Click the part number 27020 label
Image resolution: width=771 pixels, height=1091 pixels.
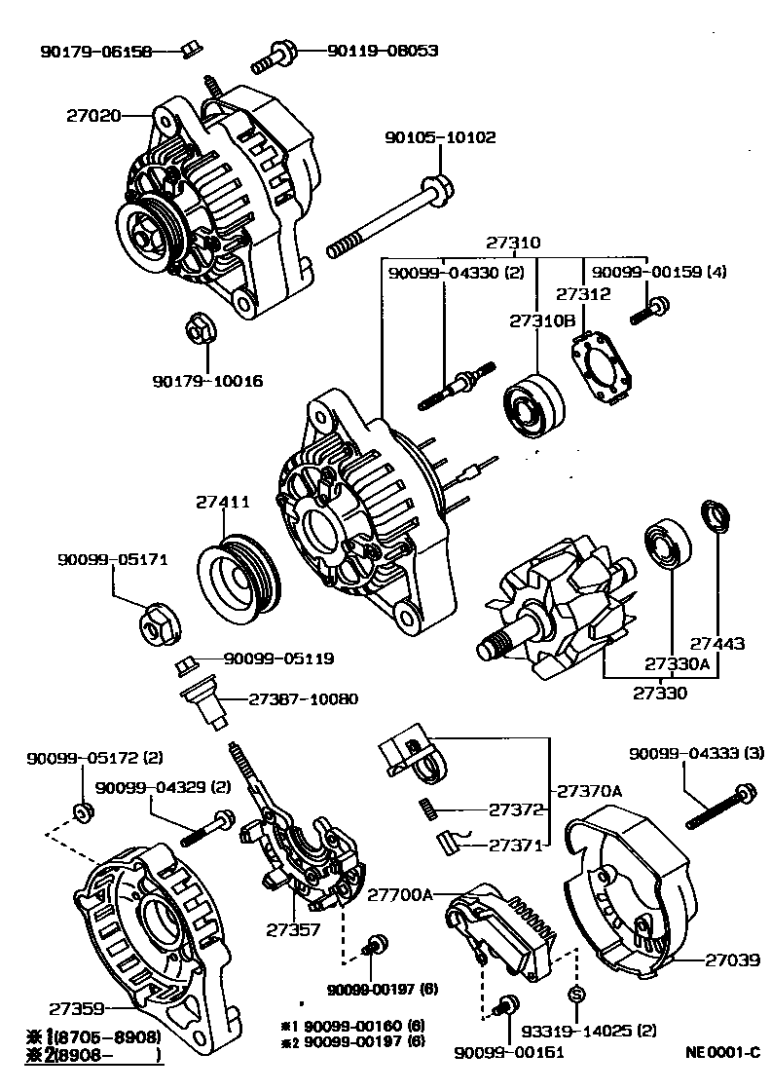click(x=93, y=115)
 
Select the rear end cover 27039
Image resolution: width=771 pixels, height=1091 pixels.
click(x=633, y=891)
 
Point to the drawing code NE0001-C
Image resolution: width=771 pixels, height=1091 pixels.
click(x=721, y=1053)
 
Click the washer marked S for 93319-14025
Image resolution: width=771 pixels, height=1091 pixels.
click(x=576, y=995)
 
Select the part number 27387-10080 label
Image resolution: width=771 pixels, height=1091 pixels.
click(x=303, y=699)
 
